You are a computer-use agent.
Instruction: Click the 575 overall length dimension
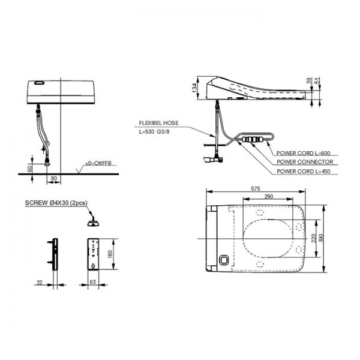pyautogui.click(x=256, y=189)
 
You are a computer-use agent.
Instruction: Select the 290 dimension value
pyautogui.click(x=269, y=197)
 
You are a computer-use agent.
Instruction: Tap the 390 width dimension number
pyautogui.click(x=321, y=238)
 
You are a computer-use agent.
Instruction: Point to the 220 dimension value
pyautogui.click(x=314, y=238)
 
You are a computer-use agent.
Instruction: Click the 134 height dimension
pyautogui.click(x=194, y=88)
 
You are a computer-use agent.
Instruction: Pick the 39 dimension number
pyautogui.click(x=310, y=80)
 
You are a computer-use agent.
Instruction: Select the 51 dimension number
pyautogui.click(x=317, y=80)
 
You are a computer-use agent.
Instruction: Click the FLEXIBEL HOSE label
pyautogui.click(x=158, y=123)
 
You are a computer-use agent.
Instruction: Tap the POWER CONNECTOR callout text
pyautogui.click(x=305, y=162)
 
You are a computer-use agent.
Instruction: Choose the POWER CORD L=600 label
pyautogui.click(x=303, y=153)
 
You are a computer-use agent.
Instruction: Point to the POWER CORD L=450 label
pyautogui.click(x=303, y=171)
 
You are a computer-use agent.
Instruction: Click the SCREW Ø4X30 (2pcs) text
pyautogui.click(x=56, y=203)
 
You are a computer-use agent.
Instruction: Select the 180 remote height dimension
pyautogui.click(x=110, y=254)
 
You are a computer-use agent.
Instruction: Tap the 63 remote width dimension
pyautogui.click(x=93, y=282)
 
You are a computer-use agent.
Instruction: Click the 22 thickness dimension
pyautogui.click(x=40, y=282)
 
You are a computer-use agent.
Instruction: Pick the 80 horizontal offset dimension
pyautogui.click(x=54, y=178)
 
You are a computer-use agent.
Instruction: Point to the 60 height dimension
pyautogui.click(x=30, y=169)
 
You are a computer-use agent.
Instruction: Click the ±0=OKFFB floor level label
pyautogui.click(x=98, y=163)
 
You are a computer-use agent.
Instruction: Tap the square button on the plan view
pyautogui.click(x=224, y=260)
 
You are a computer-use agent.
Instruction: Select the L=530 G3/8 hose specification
pyautogui.click(x=154, y=132)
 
